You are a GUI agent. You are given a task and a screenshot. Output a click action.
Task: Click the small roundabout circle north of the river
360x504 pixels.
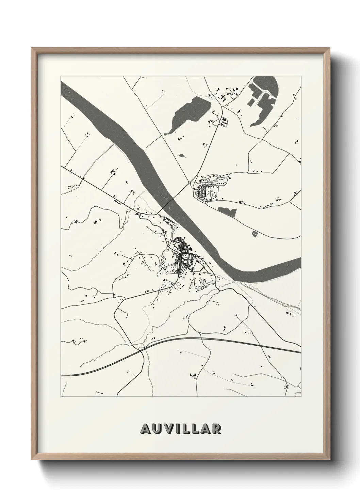pyautogui.click(x=190, y=183)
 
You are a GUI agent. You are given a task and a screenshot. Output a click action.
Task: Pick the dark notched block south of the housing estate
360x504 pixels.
pyautogui.click(x=227, y=211)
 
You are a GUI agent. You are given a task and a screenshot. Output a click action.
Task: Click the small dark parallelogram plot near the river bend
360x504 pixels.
pyautogui.click(x=255, y=234)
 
